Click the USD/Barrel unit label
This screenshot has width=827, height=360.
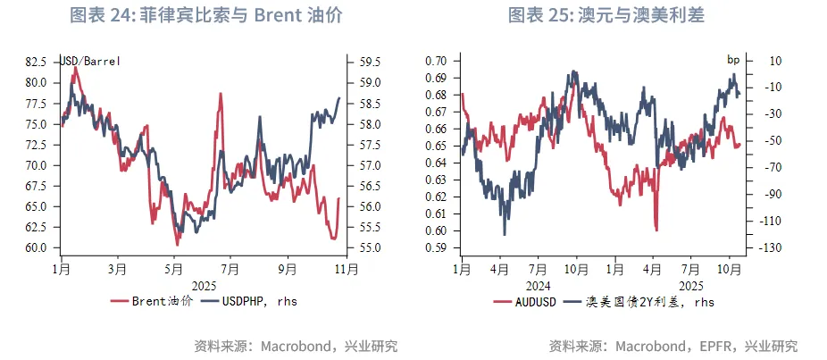89,61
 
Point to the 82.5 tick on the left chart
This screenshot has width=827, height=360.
36,62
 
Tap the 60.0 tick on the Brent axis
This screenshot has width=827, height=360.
36,247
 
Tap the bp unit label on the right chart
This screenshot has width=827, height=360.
733,60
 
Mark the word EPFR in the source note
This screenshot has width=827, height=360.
718,346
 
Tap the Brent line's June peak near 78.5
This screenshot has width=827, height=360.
219,94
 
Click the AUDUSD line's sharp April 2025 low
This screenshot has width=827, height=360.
656,230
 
